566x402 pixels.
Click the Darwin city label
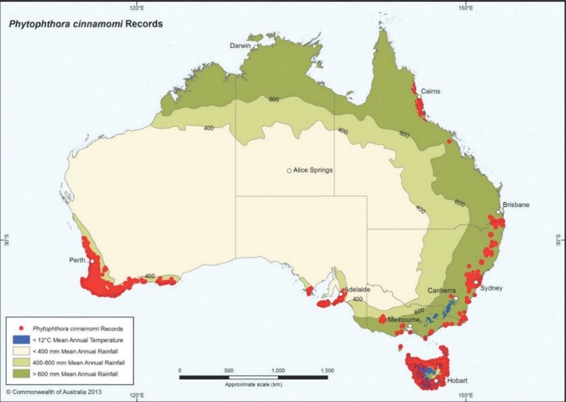pyautogui.click(x=241, y=46)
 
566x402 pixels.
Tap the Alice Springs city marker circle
pyautogui.click(x=289, y=171)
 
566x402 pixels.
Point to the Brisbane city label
pyautogui.click(x=516, y=205)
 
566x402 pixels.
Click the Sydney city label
pyautogui.click(x=492, y=288)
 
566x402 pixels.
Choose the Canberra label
pyautogui.click(x=442, y=291)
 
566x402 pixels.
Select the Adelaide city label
pyautogui.click(x=357, y=290)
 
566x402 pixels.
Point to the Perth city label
pyautogui.click(x=77, y=260)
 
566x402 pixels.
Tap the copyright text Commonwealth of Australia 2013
pyautogui.click(x=54, y=391)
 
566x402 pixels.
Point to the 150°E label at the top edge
pyautogui.click(x=465, y=8)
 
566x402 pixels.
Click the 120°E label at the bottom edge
pyautogui.click(x=137, y=396)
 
